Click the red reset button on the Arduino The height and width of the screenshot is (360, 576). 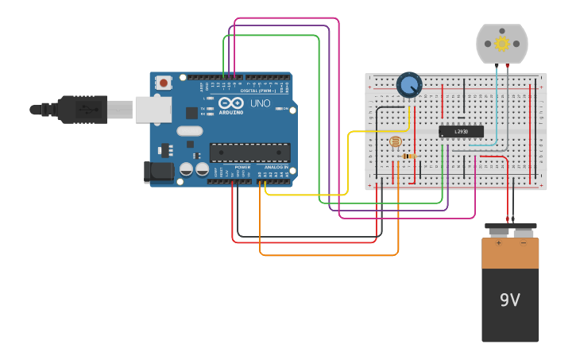tap(164, 82)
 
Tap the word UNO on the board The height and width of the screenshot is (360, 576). tap(261, 103)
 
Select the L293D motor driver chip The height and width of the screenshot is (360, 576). tap(462, 131)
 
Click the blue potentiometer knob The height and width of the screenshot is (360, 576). tap(409, 84)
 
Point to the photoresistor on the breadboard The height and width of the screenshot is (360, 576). tap(395, 142)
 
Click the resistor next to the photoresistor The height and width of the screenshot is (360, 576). tap(409, 157)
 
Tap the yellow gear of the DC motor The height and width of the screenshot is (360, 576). tap(501, 43)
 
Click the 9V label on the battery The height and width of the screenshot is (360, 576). tap(509, 300)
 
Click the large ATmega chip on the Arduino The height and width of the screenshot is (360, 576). tap(249, 152)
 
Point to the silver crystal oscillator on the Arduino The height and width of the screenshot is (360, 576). tap(190, 131)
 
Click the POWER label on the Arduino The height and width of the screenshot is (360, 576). tap(242, 168)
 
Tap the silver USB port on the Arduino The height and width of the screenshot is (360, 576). tap(153, 110)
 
